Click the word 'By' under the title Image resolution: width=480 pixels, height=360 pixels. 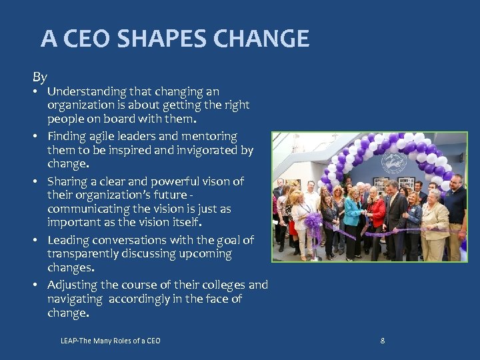click(x=40, y=77)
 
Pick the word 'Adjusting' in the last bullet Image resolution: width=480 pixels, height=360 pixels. click(x=72, y=285)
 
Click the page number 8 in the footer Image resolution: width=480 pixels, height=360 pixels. click(x=382, y=341)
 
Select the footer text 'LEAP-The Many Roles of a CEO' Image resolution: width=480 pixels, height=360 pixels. click(x=110, y=341)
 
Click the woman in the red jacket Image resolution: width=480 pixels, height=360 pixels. click(x=377, y=213)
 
